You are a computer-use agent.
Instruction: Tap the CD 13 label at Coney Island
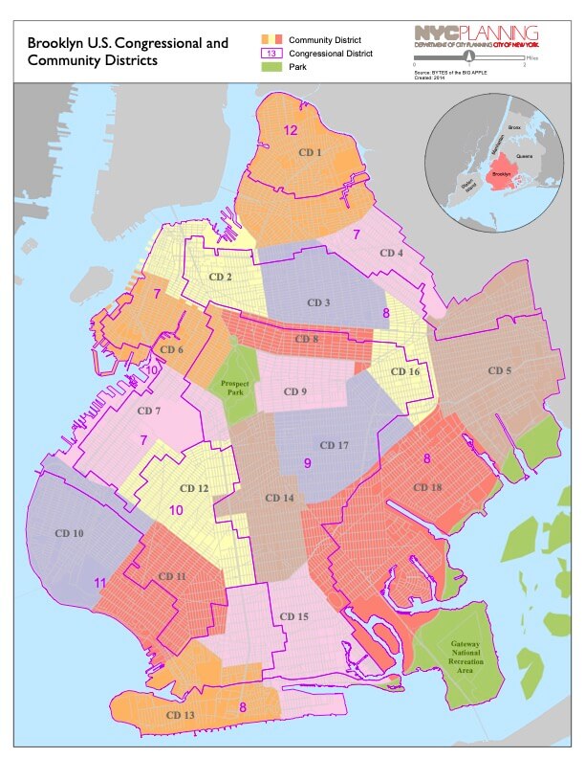coord(180,715)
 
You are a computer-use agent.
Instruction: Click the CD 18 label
coord(427,488)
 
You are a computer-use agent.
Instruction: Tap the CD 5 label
coord(501,370)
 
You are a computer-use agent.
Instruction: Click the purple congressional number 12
coord(291,130)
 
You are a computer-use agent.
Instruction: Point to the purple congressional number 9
coord(308,463)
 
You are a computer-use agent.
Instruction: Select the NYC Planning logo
coord(475,36)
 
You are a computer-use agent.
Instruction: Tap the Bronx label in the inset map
coord(513,127)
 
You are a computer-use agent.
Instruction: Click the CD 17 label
coord(335,446)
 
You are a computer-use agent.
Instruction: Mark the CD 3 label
coord(319,303)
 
